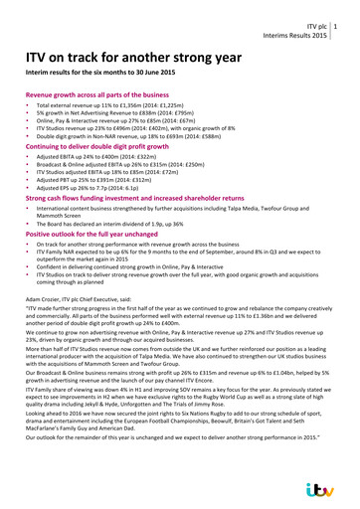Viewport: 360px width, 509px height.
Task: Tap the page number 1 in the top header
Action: coord(350,25)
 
